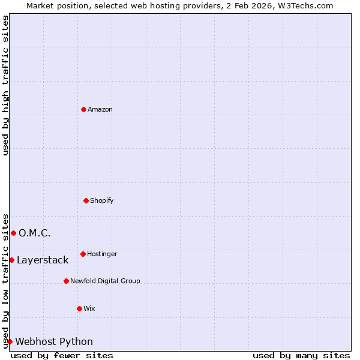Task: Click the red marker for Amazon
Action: pyautogui.click(x=83, y=109)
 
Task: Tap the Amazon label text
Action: pyautogui.click(x=100, y=109)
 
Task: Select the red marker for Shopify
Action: pyautogui.click(x=86, y=200)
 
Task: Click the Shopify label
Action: pyautogui.click(x=102, y=200)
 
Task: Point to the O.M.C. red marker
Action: pyautogui.click(x=13, y=233)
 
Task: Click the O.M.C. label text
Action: pyautogui.click(x=35, y=233)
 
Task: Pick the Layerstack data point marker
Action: pyautogui.click(x=11, y=260)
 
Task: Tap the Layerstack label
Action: pyautogui.click(x=43, y=260)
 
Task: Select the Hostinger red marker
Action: pyautogui.click(x=83, y=254)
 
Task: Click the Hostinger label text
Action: pyautogui.click(x=102, y=254)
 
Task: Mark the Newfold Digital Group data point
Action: pyautogui.click(x=66, y=281)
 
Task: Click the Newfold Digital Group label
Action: pyautogui.click(x=105, y=281)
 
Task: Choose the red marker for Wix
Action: pyautogui.click(x=79, y=308)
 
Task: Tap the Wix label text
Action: pyautogui.click(x=89, y=308)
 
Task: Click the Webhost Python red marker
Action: pyautogui.click(x=10, y=341)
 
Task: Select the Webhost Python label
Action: pyautogui.click(x=54, y=341)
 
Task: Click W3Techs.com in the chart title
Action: pyautogui.click(x=308, y=5)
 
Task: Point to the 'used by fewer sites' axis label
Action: pyautogui.click(x=62, y=355)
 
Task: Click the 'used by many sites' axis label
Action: pyautogui.click(x=301, y=355)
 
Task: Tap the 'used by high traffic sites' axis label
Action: pyautogui.click(x=5, y=85)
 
